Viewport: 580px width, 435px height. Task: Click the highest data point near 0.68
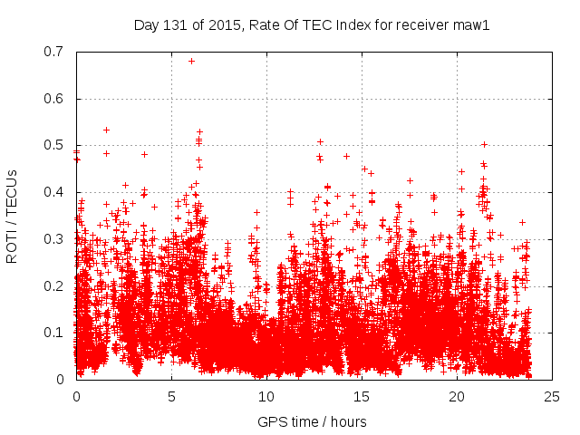(191, 61)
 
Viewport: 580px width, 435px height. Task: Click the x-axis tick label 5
(171, 396)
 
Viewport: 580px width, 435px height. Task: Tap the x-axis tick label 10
(266, 396)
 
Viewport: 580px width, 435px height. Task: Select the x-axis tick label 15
(362, 396)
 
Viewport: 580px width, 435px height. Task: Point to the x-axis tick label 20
(457, 396)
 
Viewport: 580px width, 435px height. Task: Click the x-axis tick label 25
(552, 396)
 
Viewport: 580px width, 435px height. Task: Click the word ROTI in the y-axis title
(12, 247)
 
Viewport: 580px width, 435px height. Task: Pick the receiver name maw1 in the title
(472, 25)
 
